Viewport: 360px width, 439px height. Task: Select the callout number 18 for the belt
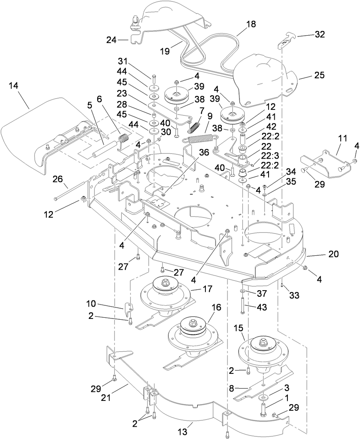tap(250, 24)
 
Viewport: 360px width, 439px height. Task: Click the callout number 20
tap(333, 254)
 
